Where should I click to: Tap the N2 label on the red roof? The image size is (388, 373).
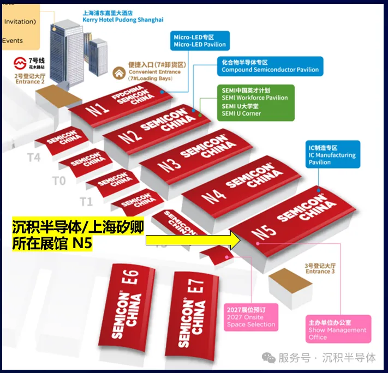coord(128,135)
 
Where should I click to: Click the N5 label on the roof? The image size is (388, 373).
coord(264,232)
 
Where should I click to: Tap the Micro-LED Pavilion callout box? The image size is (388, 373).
coord(199,41)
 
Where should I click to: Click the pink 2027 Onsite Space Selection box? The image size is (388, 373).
coord(251,316)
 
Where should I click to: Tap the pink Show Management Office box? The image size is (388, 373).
coord(338,329)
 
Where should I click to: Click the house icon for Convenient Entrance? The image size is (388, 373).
coord(119,73)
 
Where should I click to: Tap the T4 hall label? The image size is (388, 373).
coord(34,157)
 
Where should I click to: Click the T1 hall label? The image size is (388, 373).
coord(86,201)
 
